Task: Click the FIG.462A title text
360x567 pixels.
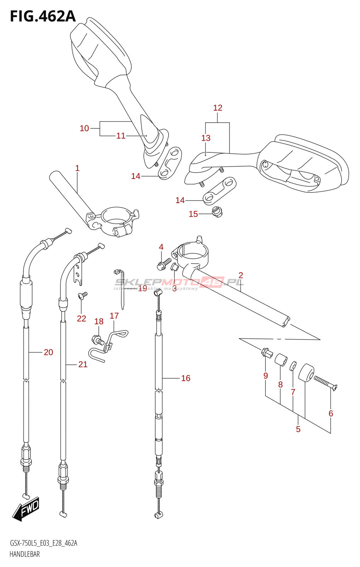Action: click(43, 16)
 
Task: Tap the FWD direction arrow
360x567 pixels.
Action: click(26, 509)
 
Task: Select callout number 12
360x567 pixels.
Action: click(218, 108)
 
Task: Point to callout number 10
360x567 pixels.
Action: click(84, 128)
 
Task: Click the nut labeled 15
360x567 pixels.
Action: click(217, 212)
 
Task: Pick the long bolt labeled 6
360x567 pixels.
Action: click(325, 383)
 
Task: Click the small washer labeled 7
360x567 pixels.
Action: click(293, 366)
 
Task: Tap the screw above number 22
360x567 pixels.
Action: click(83, 295)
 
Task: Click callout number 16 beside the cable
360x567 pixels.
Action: click(186, 378)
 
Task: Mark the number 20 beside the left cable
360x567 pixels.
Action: click(49, 352)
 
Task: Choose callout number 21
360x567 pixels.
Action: click(83, 364)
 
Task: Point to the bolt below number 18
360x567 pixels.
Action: click(98, 340)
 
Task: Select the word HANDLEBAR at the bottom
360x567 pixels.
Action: click(24, 554)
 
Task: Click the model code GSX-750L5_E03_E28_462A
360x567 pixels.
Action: click(43, 543)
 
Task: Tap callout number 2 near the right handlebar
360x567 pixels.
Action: click(241, 275)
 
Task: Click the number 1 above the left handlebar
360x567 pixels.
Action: click(77, 168)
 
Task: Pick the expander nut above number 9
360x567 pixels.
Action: click(266, 352)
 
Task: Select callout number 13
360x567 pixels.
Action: click(206, 138)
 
